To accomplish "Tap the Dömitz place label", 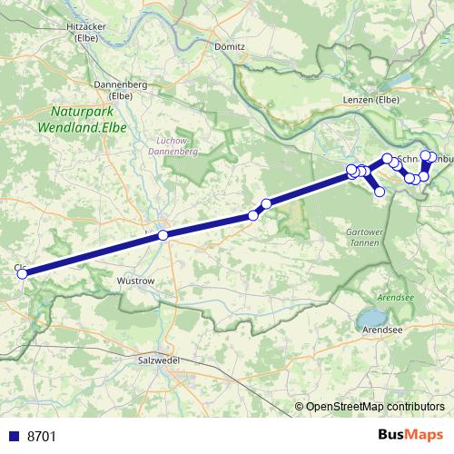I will pyautogui.click(x=222, y=44).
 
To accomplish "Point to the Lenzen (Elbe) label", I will pyautogui.click(x=371, y=99).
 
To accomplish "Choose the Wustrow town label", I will pyautogui.click(x=136, y=281).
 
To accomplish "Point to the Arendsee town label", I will pyautogui.click(x=381, y=331).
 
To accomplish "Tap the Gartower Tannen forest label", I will pyautogui.click(x=365, y=237).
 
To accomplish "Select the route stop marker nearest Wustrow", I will pyautogui.click(x=163, y=235).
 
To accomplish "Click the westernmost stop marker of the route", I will pyautogui.click(x=23, y=271).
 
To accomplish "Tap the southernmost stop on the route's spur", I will pyautogui.click(x=380, y=192).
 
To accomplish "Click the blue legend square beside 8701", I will pyautogui.click(x=13, y=436).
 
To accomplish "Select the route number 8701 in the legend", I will pyautogui.click(x=41, y=436).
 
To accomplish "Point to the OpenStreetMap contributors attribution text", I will pyautogui.click(x=374, y=406).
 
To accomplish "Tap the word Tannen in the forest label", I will pyautogui.click(x=365, y=242).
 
